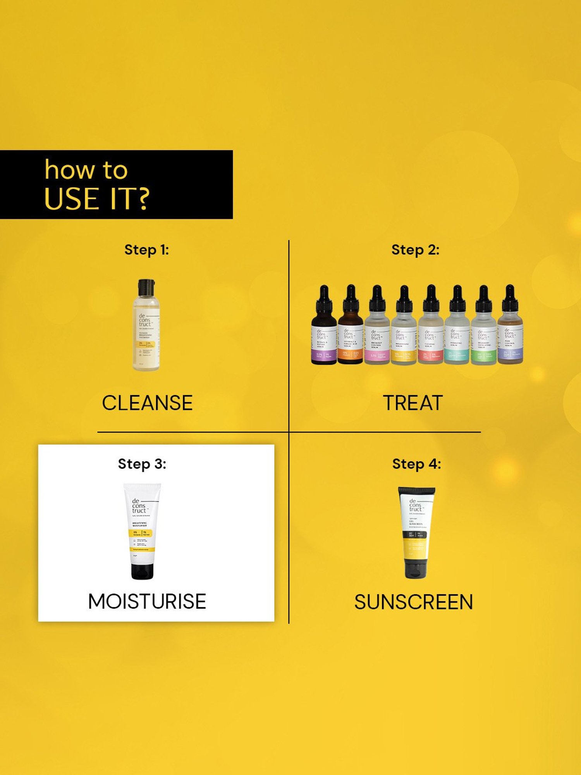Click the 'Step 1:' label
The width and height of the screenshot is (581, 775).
point(146,250)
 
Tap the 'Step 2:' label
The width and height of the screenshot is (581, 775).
point(415,250)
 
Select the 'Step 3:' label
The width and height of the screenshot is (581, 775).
point(142,464)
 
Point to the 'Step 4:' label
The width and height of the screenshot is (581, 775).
point(416,464)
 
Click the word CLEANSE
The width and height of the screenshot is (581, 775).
point(147,403)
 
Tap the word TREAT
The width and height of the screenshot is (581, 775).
point(413,403)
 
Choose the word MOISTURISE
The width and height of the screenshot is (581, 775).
point(147,601)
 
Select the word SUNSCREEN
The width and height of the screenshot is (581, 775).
point(414,602)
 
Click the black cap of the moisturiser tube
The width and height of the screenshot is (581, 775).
point(142,570)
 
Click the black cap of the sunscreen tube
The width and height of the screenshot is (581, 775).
point(416,569)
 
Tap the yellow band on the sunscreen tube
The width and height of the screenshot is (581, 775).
point(415,550)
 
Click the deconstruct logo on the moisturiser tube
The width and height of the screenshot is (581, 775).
point(139,506)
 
